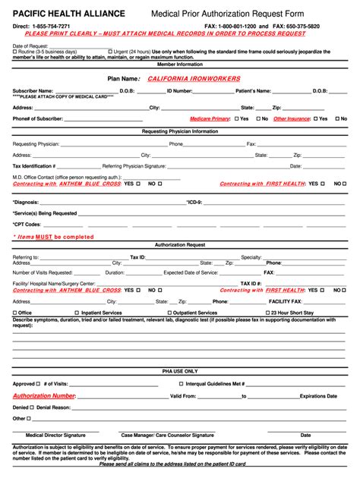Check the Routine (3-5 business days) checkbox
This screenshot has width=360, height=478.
[14, 52]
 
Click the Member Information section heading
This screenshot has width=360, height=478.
[179, 65]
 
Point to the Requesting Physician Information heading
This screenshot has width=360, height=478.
[179, 131]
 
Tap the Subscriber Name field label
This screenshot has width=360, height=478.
[33, 91]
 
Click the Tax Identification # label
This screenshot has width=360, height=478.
[33, 166]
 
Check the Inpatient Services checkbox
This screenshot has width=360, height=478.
[77, 313]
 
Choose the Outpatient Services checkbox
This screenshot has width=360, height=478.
[169, 313]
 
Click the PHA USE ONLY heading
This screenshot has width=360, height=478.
[179, 371]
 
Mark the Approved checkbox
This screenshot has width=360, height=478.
[39, 384]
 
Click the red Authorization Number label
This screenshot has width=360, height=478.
[43, 396]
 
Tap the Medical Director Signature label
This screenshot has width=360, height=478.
[55, 436]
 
